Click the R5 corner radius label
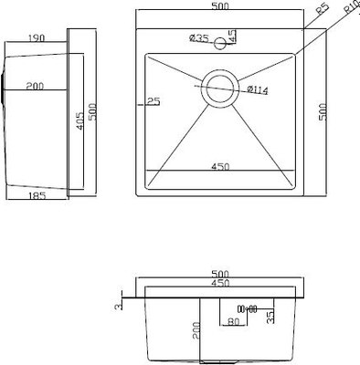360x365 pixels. click(322, 13)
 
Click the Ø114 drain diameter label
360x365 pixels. click(258, 89)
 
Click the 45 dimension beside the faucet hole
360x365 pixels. click(232, 36)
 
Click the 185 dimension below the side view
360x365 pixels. click(37, 195)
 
